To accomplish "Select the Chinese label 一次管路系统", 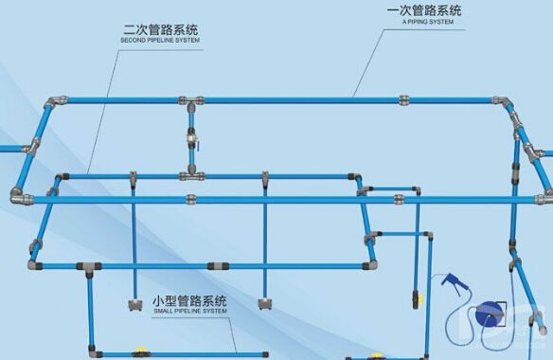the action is coord(425,11).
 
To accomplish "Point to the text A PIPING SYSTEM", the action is coord(425,23).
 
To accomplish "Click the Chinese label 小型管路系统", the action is coord(189,300).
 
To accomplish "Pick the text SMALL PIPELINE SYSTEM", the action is coord(189,311).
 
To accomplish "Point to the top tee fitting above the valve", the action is coord(190,99).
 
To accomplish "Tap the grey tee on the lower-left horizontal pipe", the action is coord(91,266).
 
